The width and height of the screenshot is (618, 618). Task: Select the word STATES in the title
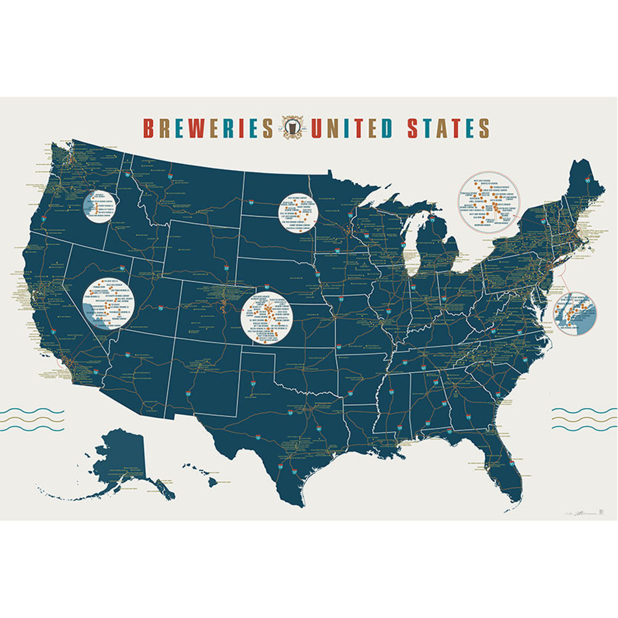(448, 129)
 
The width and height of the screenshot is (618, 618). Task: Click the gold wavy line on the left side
(32, 420)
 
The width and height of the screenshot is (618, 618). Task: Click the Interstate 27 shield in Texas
(253, 384)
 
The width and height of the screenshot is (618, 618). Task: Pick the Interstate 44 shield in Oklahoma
(339, 347)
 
